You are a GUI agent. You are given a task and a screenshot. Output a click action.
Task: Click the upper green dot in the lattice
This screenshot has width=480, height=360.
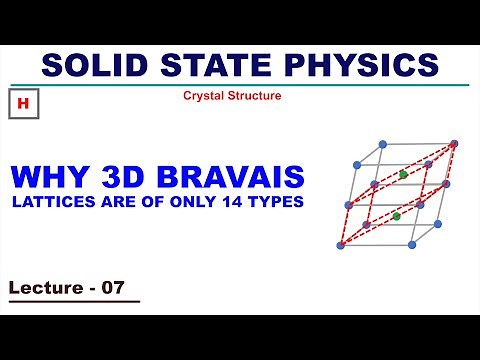pyautogui.click(x=403, y=175)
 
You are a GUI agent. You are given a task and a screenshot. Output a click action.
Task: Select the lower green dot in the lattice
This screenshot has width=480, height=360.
pyautogui.click(x=397, y=215)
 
